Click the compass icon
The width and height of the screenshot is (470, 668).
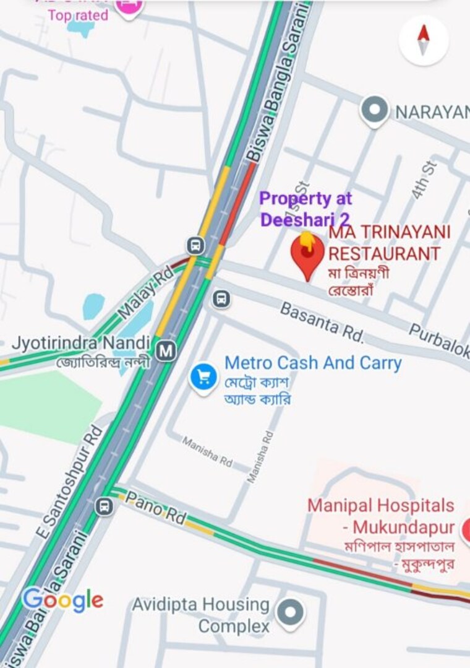tap(424, 40)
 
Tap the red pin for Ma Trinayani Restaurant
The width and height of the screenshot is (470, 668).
tap(307, 253)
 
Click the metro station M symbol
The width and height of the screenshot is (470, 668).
tap(165, 351)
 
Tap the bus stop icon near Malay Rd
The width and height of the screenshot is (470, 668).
tap(196, 245)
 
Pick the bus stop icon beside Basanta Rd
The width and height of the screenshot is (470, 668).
tap(221, 300)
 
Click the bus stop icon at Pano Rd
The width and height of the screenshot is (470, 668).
tap(105, 506)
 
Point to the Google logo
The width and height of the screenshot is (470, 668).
tap(62, 599)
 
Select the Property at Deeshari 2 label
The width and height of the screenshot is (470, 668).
tap(305, 209)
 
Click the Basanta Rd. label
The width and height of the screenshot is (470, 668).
tap(322, 321)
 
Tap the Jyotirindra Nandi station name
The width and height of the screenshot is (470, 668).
tap(81, 343)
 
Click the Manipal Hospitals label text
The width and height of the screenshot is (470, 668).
tap(380, 506)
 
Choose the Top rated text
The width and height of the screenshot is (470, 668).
tap(78, 15)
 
